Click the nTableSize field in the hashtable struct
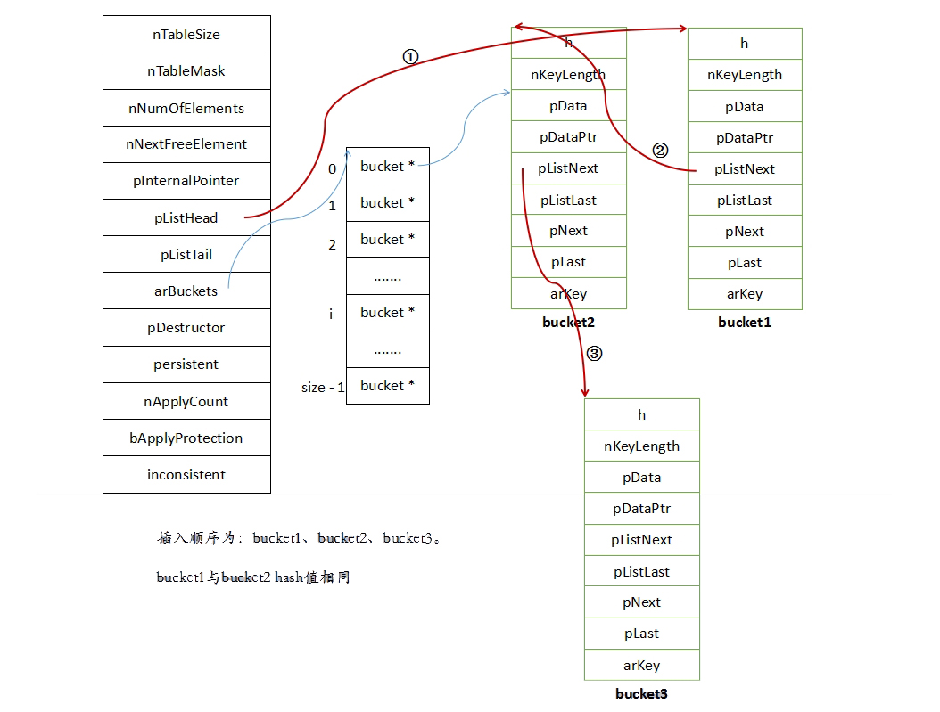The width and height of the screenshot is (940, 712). point(186,35)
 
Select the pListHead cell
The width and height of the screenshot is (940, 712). point(186,217)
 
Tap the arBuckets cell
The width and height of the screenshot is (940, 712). point(186,291)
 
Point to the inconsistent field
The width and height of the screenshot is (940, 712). point(186,474)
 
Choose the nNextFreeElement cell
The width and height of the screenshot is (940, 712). point(186,143)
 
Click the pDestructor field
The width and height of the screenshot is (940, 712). point(186,327)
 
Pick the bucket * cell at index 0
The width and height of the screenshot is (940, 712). point(387,166)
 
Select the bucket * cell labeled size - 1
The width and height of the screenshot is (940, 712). point(387,385)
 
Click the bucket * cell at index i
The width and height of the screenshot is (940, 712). point(387,312)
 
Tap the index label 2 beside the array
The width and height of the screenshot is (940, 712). point(333,244)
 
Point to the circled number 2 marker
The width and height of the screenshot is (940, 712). point(660,151)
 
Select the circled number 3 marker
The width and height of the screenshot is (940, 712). point(594,354)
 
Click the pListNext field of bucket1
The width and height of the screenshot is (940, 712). point(745,169)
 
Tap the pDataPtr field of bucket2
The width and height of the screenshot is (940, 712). point(568,137)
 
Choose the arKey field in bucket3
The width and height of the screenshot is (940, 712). point(641,665)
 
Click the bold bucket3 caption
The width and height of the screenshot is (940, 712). point(641,693)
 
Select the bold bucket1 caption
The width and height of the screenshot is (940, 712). point(744,323)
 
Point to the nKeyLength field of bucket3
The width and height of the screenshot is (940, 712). point(641,446)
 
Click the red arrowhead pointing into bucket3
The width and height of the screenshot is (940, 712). point(585,392)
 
